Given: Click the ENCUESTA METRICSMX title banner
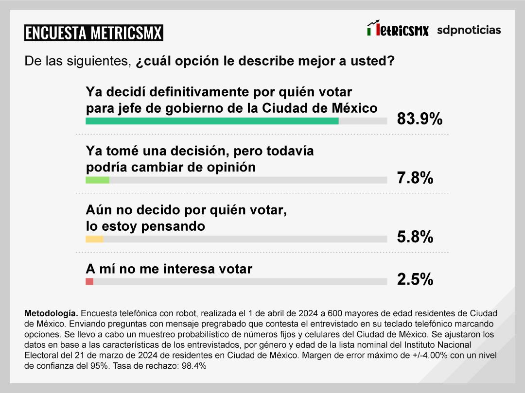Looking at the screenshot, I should [x=93, y=33].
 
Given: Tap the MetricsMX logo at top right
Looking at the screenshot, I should [x=398, y=30].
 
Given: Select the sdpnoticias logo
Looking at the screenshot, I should [x=469, y=30].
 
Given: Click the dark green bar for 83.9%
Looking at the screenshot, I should [x=212, y=121].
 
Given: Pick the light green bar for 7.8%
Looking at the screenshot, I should [x=97, y=180].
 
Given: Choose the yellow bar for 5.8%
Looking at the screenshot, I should [x=94, y=239].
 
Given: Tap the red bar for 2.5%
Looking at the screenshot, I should [x=89, y=282].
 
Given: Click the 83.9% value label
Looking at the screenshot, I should [x=420, y=119].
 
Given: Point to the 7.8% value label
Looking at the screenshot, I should [x=415, y=178].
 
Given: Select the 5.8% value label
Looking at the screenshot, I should [x=415, y=237].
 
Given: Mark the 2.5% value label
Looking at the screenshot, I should [x=415, y=280].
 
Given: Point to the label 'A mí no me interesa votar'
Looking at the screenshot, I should [x=169, y=269].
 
